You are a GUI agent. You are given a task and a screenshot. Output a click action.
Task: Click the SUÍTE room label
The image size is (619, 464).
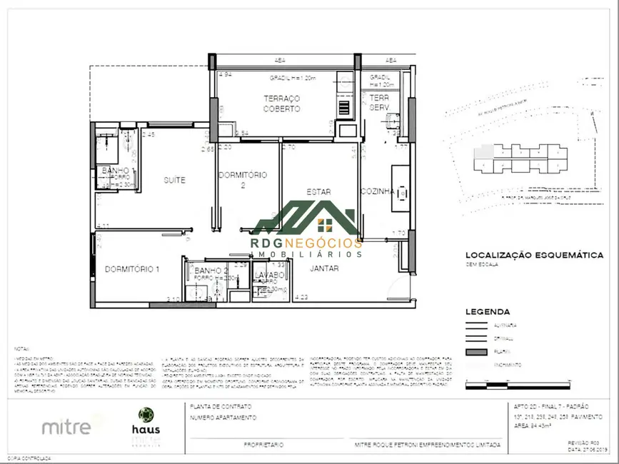pyautogui.click(x=175, y=181)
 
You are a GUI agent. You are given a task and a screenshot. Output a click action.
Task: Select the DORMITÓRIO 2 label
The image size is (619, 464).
pyautogui.click(x=243, y=179)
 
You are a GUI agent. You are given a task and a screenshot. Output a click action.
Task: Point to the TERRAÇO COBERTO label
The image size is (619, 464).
pyautogui.click(x=281, y=104)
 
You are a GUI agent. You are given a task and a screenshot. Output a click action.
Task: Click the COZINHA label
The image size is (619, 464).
pyautogui.click(x=378, y=191)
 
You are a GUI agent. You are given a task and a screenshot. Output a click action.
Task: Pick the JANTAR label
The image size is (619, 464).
pyautogui.click(x=324, y=268)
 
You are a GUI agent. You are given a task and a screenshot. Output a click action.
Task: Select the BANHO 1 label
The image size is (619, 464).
pyautogui.click(x=115, y=171)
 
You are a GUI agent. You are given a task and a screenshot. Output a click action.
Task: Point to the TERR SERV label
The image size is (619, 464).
pyautogui.click(x=379, y=102)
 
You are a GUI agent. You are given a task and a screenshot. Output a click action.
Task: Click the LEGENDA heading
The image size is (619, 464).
pyautogui.click(x=488, y=312)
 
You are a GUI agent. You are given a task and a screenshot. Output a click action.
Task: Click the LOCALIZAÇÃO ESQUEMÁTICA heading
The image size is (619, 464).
pyautogui.click(x=534, y=255)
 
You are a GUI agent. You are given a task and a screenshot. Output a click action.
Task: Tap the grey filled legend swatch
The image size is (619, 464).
pyautogui.click(x=476, y=352)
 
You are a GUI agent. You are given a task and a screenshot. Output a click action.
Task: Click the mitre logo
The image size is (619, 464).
pyautogui.click(x=66, y=428)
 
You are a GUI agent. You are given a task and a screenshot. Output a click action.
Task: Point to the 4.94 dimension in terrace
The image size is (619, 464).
pyautogui.click(x=226, y=74)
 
